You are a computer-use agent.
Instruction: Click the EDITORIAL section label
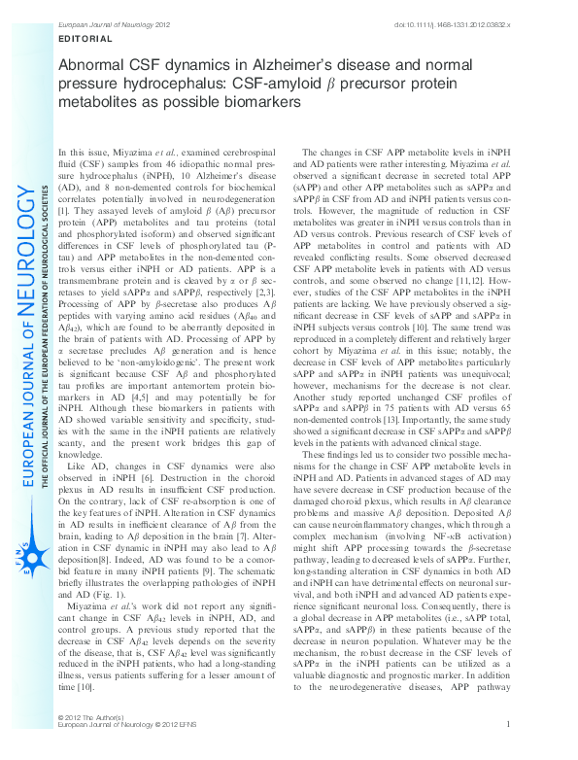(x=85, y=39)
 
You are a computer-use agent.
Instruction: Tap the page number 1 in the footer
(x=509, y=751)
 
